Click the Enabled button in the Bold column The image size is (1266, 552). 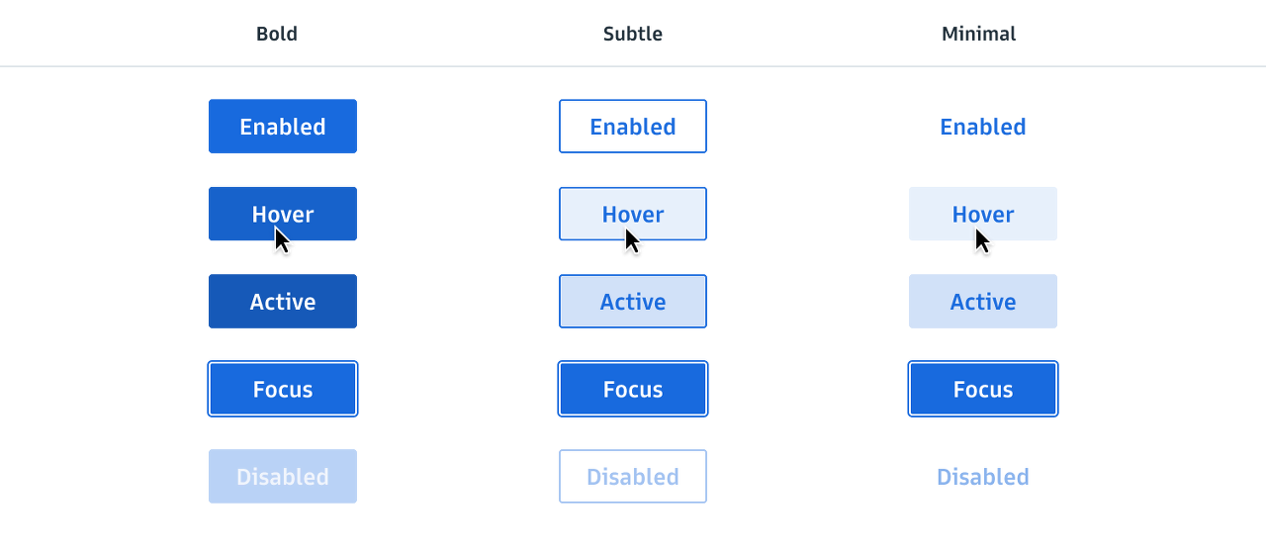coord(282,127)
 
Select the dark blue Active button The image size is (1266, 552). coord(282,302)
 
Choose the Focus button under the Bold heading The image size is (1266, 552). coord(282,389)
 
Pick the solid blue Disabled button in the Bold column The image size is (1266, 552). coord(282,476)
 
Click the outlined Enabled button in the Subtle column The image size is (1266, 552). coord(632,127)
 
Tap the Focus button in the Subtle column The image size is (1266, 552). coord(632,389)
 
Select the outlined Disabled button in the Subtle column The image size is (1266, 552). coord(632,476)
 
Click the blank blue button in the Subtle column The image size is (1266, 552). coord(632,302)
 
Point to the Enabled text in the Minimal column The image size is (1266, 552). coord(983,127)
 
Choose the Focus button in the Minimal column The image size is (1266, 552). coord(983,389)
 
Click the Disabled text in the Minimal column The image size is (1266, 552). coord(983,476)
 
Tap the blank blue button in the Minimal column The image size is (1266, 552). coord(983,302)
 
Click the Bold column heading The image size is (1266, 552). coord(277,34)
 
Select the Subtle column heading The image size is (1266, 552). coord(632,34)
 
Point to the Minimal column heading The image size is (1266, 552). coord(979,34)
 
